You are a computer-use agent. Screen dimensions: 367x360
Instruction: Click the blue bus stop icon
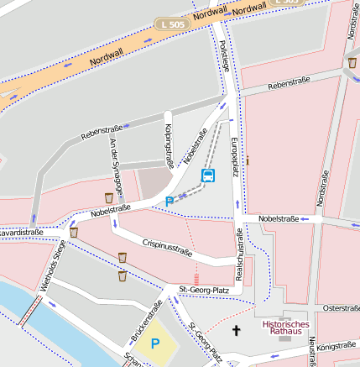(207, 176)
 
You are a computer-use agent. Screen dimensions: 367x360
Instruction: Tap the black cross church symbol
(236, 331)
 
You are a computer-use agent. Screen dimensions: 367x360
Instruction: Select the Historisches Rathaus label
(285, 327)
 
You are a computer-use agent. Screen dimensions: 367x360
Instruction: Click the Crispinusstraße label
(167, 246)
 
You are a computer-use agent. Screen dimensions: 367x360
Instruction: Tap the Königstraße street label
(337, 344)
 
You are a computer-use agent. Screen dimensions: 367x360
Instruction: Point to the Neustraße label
(312, 353)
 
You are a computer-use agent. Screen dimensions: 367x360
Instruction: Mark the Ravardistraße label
(20, 232)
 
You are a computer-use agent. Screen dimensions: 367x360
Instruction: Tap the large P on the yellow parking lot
(154, 343)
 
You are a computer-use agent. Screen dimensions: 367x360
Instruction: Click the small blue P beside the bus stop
(170, 202)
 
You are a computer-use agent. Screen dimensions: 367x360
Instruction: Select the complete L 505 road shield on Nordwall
(171, 25)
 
